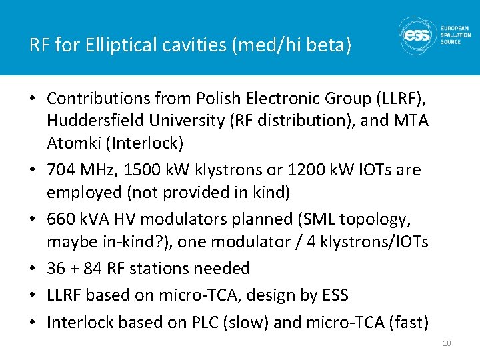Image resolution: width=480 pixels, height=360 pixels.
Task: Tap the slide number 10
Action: click(447, 343)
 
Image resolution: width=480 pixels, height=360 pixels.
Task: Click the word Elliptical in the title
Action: click(114, 45)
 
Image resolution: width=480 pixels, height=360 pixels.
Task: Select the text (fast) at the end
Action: click(404, 323)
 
